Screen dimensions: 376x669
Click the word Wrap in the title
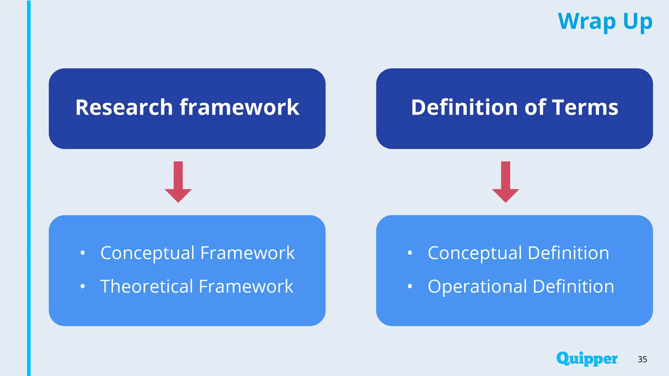(x=587, y=21)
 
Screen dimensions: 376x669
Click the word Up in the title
(x=638, y=22)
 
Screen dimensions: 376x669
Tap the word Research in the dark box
(x=124, y=107)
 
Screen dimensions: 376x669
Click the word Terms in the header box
(x=585, y=107)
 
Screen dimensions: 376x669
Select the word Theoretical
(x=147, y=286)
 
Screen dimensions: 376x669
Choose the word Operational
(x=477, y=286)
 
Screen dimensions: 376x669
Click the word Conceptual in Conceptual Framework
(x=147, y=253)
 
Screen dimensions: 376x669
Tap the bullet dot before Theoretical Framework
(x=83, y=287)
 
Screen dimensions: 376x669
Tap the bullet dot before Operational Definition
(x=410, y=287)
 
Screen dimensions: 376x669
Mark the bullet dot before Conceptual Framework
(x=83, y=253)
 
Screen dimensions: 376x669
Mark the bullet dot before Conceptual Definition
(x=410, y=253)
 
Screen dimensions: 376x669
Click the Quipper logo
(x=587, y=359)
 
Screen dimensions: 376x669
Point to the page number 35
(x=642, y=359)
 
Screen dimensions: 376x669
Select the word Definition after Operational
(x=573, y=286)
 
